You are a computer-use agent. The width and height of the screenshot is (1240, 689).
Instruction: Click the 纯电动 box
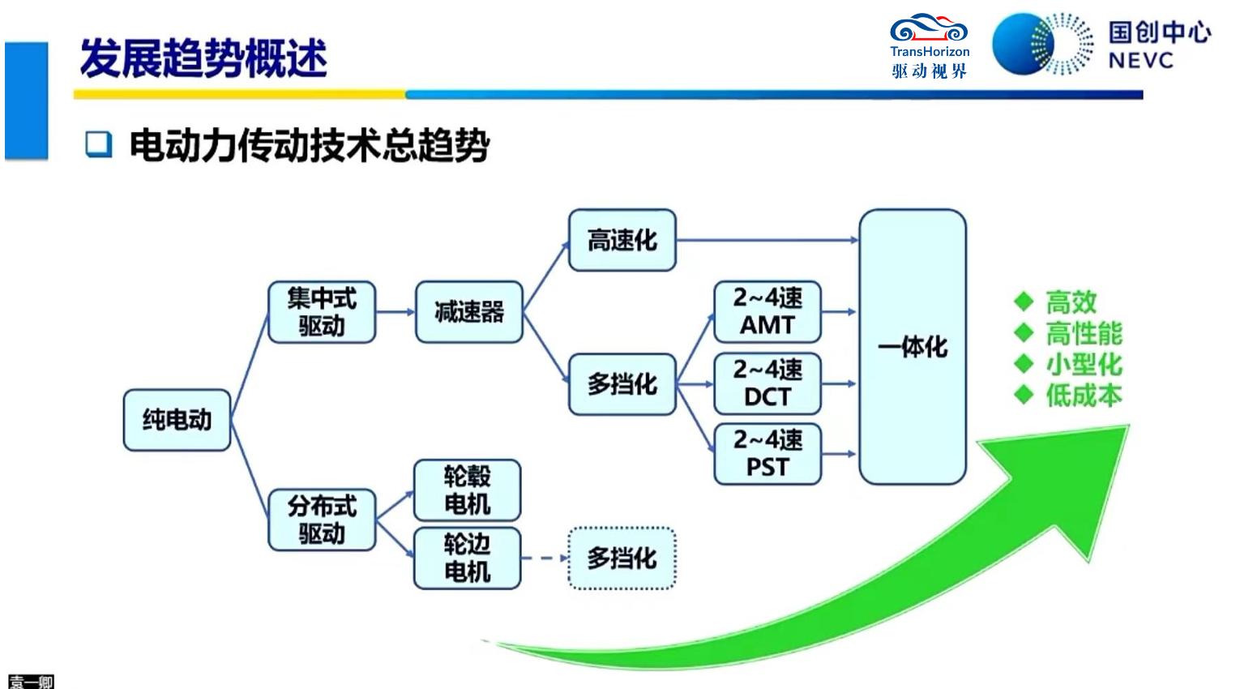[x=177, y=420]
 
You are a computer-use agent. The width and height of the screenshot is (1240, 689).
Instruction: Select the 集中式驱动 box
[x=322, y=312]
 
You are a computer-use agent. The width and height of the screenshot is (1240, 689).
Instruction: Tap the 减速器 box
[x=468, y=312]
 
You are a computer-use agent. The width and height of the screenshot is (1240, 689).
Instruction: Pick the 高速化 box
[x=622, y=241]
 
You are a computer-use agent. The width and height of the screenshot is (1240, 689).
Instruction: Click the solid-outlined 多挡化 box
[x=622, y=384]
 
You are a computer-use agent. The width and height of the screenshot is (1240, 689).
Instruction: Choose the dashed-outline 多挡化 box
[x=622, y=558]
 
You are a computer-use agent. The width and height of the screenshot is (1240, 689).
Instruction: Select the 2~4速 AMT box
[x=767, y=312]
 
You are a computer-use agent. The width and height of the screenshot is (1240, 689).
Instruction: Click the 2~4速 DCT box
[x=767, y=383]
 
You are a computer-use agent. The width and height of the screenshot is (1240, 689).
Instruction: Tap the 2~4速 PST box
[x=767, y=454]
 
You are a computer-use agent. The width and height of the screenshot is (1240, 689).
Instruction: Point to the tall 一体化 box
[x=912, y=347]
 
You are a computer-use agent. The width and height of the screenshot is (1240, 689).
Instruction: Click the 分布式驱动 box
[x=322, y=520]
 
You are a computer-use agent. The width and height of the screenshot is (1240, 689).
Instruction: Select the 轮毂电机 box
[x=467, y=490]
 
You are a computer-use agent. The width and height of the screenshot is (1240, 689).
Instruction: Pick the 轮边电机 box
[x=467, y=558]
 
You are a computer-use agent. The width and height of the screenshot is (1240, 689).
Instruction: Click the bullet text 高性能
[x=1084, y=333]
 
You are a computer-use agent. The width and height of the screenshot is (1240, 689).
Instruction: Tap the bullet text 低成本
[x=1084, y=396]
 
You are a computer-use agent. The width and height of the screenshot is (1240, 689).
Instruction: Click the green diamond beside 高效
[x=1024, y=302]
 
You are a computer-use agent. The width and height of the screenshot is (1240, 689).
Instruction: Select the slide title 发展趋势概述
[x=203, y=58]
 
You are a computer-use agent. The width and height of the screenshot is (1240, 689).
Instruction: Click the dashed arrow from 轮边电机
[x=544, y=558]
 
